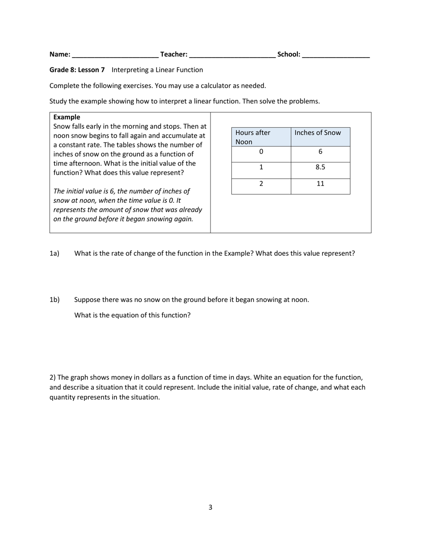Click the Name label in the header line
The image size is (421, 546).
(59, 54)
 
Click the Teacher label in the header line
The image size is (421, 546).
(174, 54)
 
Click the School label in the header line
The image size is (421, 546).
(288, 54)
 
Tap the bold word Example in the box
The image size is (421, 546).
(66, 117)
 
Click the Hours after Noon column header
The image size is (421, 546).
(261, 137)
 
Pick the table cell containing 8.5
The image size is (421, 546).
(320, 167)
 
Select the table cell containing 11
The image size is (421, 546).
(320, 183)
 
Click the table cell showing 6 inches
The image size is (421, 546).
(320, 152)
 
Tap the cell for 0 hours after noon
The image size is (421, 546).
(261, 152)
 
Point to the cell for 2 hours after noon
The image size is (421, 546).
(261, 183)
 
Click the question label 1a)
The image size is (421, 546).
(54, 253)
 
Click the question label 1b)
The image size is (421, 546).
(54, 300)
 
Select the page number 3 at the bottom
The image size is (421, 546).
(210, 507)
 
